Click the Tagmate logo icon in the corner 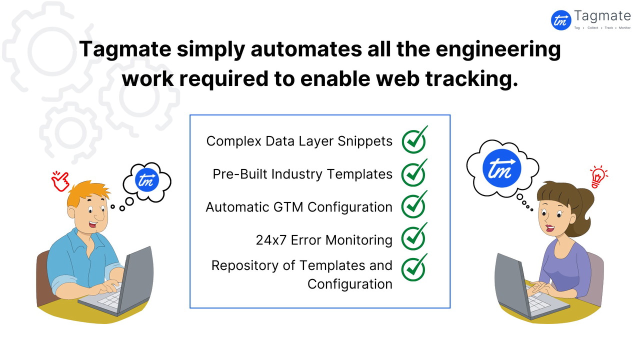(561, 20)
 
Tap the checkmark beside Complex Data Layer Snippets (414, 141)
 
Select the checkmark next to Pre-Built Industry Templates (414, 173)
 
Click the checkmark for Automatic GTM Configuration (414, 206)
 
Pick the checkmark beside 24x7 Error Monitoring (414, 238)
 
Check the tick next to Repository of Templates (414, 268)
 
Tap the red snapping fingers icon (60, 180)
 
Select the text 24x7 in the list (271, 240)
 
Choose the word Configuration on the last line (349, 284)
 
